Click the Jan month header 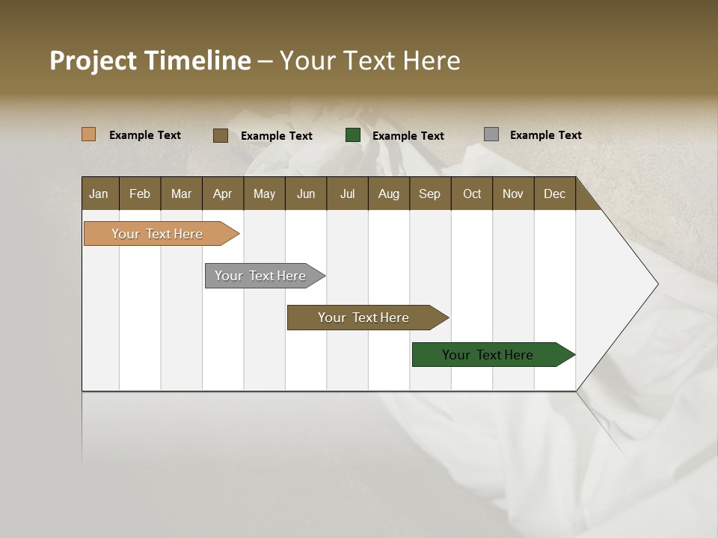99,194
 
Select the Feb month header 140,194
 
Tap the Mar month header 181,194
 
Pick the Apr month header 223,194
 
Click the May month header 264,194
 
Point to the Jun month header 306,194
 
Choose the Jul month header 347,194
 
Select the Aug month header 389,194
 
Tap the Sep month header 430,194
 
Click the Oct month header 472,194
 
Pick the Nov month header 513,194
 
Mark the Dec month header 555,194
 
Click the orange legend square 89,134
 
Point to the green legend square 353,135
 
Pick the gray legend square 491,134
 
